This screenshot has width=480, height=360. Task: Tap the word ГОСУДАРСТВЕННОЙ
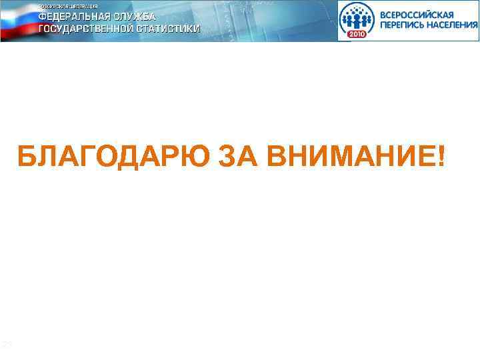point(87,29)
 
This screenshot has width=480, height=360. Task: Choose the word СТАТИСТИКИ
point(169,29)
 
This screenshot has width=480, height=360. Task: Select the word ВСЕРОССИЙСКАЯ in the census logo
point(417,14)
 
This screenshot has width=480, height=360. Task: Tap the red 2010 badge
point(357,33)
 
